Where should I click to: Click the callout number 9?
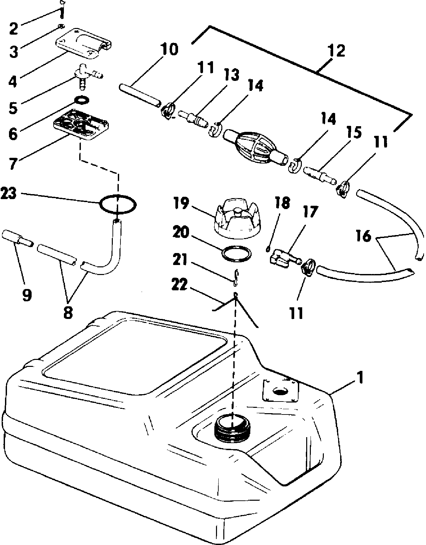[x=27, y=294]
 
